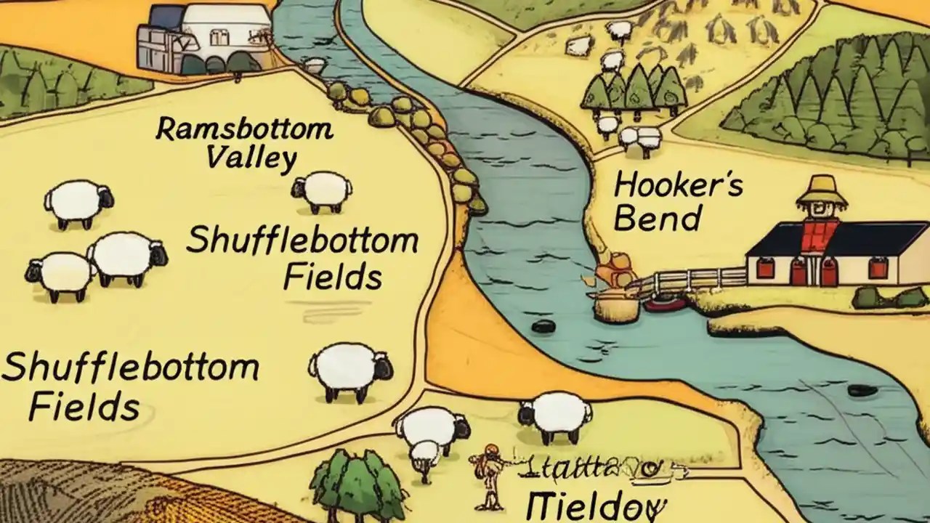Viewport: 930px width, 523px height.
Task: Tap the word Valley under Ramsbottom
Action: (x=251, y=158)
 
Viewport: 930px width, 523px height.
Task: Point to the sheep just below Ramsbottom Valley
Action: (x=323, y=191)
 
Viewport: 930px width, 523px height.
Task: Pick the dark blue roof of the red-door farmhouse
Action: (x=836, y=239)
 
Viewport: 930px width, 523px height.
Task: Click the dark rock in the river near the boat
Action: (x=543, y=326)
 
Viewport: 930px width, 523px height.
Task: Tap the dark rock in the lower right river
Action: (x=863, y=390)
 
